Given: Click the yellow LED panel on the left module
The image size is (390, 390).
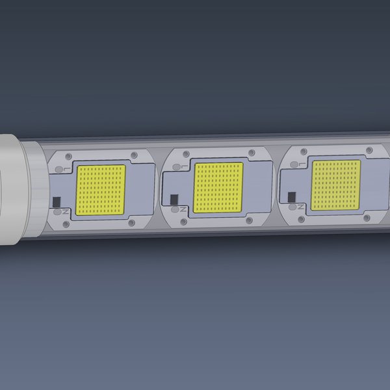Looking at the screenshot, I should click(101, 190).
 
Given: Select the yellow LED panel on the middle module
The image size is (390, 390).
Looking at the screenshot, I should click(218, 187).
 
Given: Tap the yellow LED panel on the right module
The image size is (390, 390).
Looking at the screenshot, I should click(335, 185).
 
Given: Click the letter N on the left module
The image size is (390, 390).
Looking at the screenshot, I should click(67, 211).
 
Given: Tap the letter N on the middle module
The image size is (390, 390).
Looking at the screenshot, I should click(185, 209).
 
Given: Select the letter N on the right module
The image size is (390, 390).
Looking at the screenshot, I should click(301, 206).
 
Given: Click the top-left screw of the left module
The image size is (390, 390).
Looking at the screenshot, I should click(68, 156).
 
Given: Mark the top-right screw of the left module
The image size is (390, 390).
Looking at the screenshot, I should click(133, 155).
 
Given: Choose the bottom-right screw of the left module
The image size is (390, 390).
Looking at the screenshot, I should click(131, 222).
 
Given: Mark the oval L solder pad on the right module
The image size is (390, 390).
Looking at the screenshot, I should click(294, 165).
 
